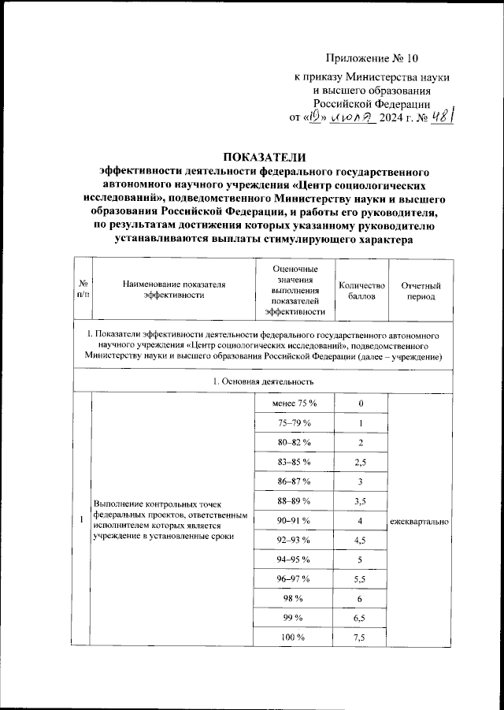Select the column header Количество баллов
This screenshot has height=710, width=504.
[361, 291]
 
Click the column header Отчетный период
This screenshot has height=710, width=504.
[421, 291]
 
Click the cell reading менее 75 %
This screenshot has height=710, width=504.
[293, 403]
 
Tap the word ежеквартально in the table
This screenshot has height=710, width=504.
[421, 522]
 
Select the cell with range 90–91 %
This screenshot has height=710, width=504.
[293, 521]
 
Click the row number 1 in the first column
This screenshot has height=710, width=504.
[82, 520]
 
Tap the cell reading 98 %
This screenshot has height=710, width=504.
[293, 599]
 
